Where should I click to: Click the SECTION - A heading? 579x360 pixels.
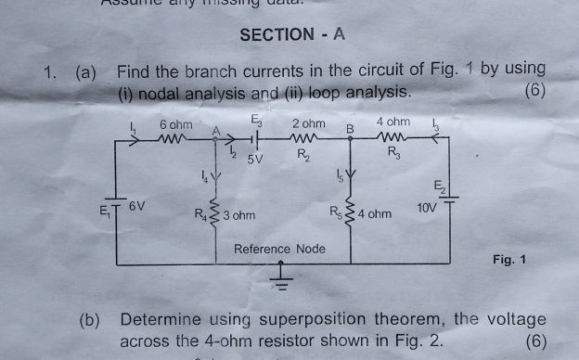click(291, 34)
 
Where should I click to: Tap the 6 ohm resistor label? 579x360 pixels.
click(175, 123)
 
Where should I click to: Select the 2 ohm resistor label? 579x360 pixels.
click(308, 123)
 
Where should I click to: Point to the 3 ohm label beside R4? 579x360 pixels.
click(238, 215)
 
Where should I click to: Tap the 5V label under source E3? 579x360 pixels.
click(255, 159)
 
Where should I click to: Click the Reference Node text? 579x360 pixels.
click(279, 249)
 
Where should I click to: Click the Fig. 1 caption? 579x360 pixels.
click(509, 260)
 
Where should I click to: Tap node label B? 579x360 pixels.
click(351, 127)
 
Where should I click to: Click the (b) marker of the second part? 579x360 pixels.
click(90, 320)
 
